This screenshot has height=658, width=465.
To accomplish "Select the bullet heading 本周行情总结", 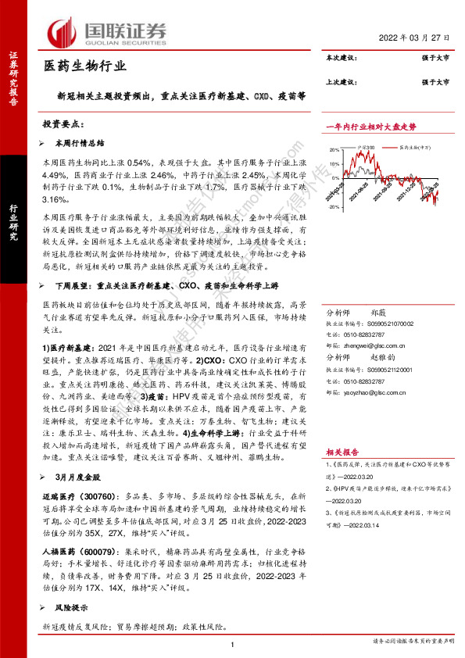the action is [79, 144].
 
